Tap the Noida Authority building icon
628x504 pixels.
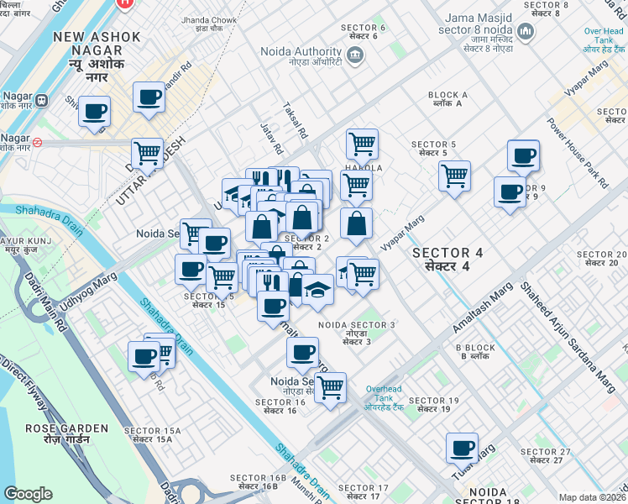pyautogui.click(x=354, y=55)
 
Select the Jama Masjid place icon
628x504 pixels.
pyautogui.click(x=526, y=32)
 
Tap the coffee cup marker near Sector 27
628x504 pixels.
pyautogui.click(x=462, y=447)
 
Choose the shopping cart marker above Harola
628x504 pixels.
pyautogui.click(x=362, y=143)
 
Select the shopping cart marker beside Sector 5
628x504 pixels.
pyautogui.click(x=454, y=176)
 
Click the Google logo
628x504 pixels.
pyautogui.click(x=28, y=493)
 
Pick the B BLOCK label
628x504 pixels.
pyautogui.click(x=475, y=352)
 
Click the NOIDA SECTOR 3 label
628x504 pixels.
pyautogui.click(x=357, y=329)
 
